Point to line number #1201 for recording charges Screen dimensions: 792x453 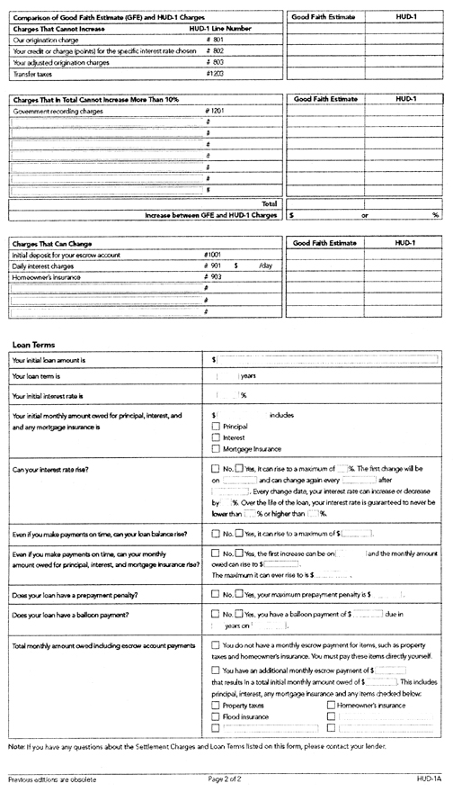pyautogui.click(x=213, y=111)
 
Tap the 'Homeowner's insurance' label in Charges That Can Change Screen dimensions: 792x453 pyautogui.click(x=45, y=278)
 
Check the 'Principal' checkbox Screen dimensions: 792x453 pyautogui.click(x=215, y=427)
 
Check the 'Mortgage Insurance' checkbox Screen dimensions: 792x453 pyautogui.click(x=215, y=448)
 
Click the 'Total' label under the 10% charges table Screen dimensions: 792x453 pyautogui.click(x=268, y=204)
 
